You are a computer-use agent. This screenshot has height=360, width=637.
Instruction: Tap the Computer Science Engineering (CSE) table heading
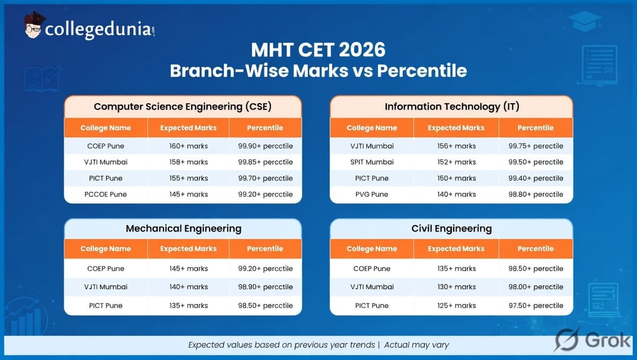click(x=183, y=106)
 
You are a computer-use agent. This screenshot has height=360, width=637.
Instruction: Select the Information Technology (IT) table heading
click(x=451, y=106)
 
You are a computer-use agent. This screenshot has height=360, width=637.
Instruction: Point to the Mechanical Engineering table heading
click(x=183, y=229)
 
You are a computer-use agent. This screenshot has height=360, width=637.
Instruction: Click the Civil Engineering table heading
click(x=451, y=229)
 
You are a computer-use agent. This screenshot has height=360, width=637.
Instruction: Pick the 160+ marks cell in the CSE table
click(x=188, y=146)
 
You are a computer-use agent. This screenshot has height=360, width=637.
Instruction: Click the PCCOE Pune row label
click(x=105, y=194)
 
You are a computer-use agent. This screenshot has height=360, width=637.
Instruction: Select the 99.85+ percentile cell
click(x=265, y=162)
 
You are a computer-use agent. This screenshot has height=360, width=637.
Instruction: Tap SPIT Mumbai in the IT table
click(x=372, y=162)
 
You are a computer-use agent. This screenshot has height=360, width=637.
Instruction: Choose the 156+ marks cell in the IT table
click(x=456, y=146)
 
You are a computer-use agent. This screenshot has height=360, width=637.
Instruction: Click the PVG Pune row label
click(x=372, y=194)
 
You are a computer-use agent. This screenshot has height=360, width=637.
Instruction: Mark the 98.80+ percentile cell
click(x=536, y=194)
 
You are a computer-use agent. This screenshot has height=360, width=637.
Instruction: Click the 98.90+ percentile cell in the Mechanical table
click(x=265, y=287)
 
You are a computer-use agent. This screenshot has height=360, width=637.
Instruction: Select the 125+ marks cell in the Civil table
click(x=456, y=305)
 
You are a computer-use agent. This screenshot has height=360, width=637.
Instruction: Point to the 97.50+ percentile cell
click(x=536, y=305)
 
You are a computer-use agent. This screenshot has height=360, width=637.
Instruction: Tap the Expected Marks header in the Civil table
click(x=456, y=248)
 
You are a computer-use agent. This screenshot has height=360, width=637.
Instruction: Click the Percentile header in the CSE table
click(x=265, y=128)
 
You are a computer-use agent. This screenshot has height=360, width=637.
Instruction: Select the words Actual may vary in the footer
click(x=416, y=345)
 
